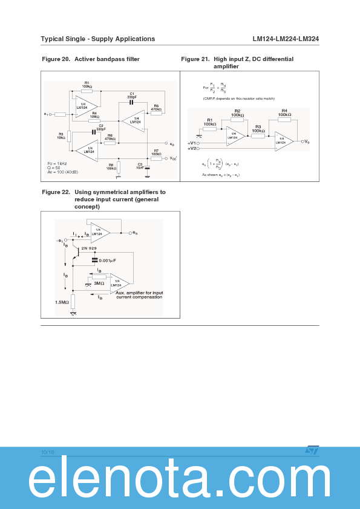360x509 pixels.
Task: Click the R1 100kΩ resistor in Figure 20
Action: click(87, 91)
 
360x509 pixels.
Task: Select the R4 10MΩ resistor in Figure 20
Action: click(94, 121)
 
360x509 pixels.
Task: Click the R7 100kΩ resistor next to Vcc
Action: click(156, 158)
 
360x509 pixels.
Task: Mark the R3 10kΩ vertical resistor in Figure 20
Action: click(70, 136)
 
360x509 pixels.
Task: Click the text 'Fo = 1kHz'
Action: click(57, 164)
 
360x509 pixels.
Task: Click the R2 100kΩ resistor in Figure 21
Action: click(237, 120)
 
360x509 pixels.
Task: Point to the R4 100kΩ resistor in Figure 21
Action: click(284, 119)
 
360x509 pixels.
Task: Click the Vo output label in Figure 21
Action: click(307, 141)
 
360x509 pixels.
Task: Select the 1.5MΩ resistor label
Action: click(62, 302)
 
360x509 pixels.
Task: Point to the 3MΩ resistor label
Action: click(99, 283)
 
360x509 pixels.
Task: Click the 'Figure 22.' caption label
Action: click(56, 192)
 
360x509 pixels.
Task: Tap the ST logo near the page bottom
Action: click(312, 450)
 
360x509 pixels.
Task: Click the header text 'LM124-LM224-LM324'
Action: click(286, 39)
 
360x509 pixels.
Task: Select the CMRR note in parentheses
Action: click(238, 98)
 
